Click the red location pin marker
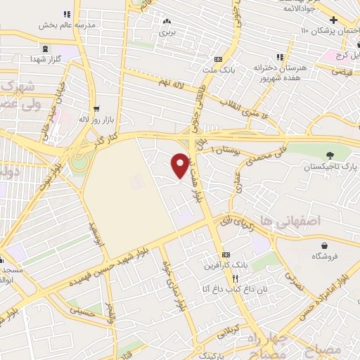click(181, 165)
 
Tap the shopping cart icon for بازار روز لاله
click(95, 109)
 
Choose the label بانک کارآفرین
click(230, 266)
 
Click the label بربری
click(166, 32)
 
